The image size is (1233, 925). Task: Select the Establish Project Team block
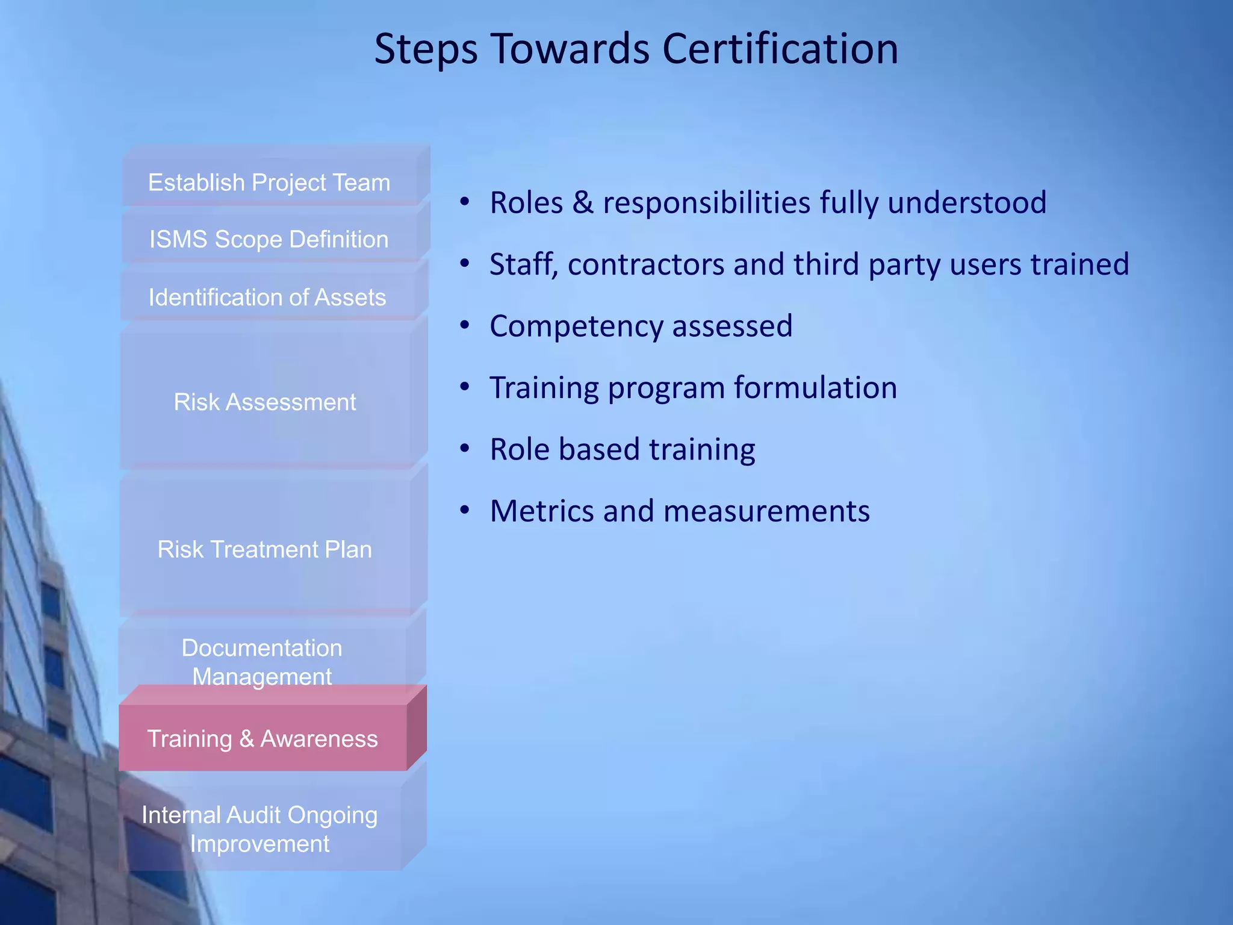click(269, 182)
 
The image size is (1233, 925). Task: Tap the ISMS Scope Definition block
click(269, 240)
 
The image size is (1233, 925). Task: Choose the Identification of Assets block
click(267, 297)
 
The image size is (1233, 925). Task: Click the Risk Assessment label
click(265, 402)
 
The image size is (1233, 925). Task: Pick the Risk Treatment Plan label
click(265, 550)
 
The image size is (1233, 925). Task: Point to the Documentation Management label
click(262, 662)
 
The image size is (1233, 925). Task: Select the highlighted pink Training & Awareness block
click(262, 739)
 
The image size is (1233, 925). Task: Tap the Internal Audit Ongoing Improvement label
click(259, 829)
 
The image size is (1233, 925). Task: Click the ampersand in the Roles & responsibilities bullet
click(583, 202)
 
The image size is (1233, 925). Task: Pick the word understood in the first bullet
click(967, 202)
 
